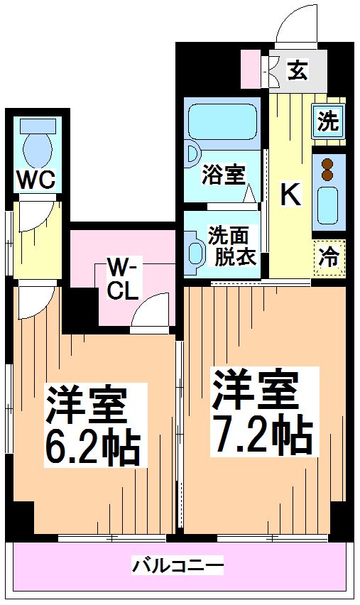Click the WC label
coord(37,180)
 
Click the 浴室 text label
coord(223,175)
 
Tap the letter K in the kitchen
coord(290,193)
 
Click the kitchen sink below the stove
coord(327,206)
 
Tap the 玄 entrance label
coord(298,70)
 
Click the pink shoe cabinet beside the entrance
coord(251,68)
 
